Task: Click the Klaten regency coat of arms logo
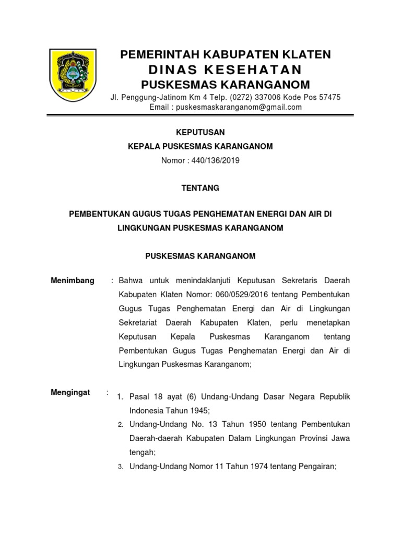click(72, 75)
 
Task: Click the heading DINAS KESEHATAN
click(225, 70)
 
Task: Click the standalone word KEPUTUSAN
click(200, 133)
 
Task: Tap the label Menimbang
click(73, 281)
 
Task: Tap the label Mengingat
click(70, 392)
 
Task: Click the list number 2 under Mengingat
click(120, 424)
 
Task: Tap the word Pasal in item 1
click(139, 397)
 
